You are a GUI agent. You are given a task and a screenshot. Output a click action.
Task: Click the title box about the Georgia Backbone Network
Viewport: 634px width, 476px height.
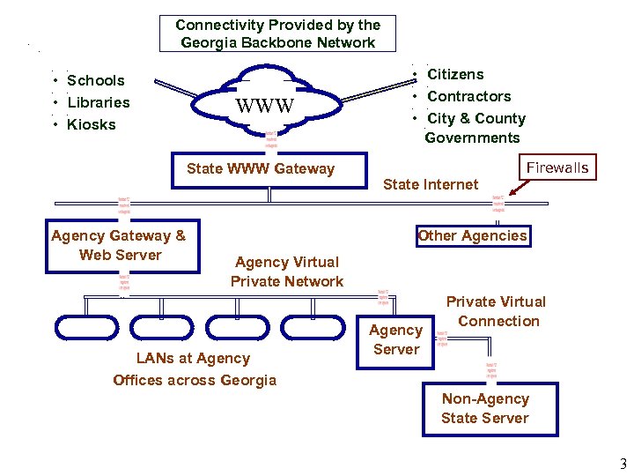tap(278, 34)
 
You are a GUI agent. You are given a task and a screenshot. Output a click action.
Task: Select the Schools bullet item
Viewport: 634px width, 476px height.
tap(95, 80)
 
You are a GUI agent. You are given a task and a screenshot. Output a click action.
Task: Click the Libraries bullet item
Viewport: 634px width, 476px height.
tap(98, 102)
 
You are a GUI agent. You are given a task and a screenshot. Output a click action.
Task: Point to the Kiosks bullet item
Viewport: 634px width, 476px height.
tap(91, 124)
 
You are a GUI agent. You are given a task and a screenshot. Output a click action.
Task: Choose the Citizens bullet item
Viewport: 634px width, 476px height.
tap(455, 74)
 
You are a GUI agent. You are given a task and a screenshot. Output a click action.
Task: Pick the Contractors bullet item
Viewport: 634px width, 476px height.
tap(468, 96)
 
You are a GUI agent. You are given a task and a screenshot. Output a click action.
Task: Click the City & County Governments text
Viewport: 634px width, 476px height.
tap(475, 128)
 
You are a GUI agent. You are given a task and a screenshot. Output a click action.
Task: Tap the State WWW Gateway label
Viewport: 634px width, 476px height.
tap(261, 168)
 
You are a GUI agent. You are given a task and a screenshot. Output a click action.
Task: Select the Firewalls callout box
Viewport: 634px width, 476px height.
tap(557, 167)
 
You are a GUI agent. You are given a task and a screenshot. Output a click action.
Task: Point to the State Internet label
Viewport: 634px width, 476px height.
tap(431, 184)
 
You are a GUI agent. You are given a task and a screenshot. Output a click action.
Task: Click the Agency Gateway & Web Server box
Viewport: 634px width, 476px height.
tap(119, 245)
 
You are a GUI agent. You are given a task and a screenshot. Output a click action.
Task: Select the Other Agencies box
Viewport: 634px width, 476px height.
tap(473, 235)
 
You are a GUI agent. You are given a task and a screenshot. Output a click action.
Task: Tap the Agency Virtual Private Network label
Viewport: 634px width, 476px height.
tap(287, 271)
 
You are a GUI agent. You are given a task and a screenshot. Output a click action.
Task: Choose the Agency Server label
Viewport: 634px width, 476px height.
tap(396, 339)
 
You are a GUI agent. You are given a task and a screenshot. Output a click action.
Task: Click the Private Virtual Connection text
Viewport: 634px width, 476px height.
tap(497, 311)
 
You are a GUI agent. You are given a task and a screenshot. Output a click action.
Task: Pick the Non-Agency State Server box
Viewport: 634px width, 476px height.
tap(485, 409)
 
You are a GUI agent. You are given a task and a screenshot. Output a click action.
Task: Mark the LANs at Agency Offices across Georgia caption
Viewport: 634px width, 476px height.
tap(195, 369)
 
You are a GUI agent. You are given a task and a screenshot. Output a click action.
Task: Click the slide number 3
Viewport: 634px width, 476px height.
tap(623, 465)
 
